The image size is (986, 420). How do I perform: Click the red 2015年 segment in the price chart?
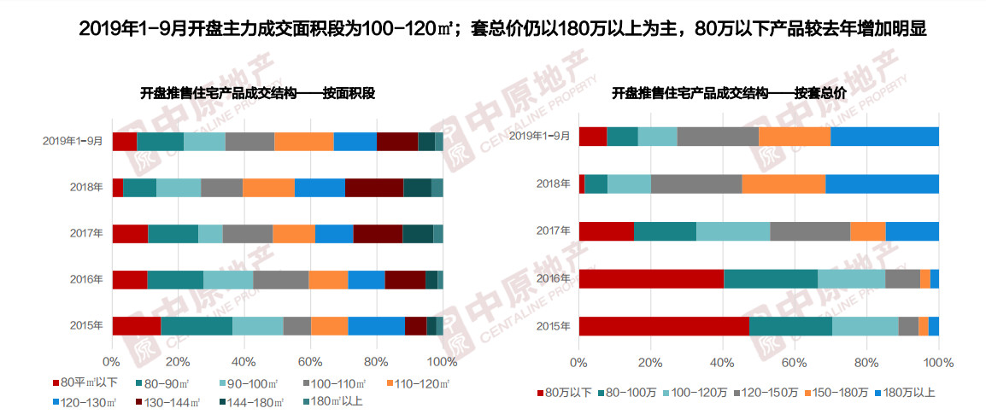[x=663, y=326]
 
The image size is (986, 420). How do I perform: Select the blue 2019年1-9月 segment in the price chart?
[x=884, y=136]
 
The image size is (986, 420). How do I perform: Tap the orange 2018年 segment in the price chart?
[x=783, y=184]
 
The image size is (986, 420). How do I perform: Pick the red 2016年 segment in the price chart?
[x=651, y=278]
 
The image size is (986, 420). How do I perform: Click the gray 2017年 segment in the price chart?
[x=810, y=230]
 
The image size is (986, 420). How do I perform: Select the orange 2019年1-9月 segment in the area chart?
[x=303, y=142]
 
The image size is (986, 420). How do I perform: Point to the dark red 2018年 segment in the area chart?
[x=373, y=188]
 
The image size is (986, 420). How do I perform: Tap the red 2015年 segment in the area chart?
[x=136, y=325]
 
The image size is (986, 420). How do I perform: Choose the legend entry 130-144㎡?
[x=170, y=401]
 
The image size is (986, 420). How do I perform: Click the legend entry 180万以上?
[x=906, y=393]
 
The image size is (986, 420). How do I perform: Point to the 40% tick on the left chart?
[x=244, y=361]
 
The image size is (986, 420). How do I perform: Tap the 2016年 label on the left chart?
[x=85, y=279]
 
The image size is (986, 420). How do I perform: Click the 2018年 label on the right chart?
[x=551, y=184]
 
